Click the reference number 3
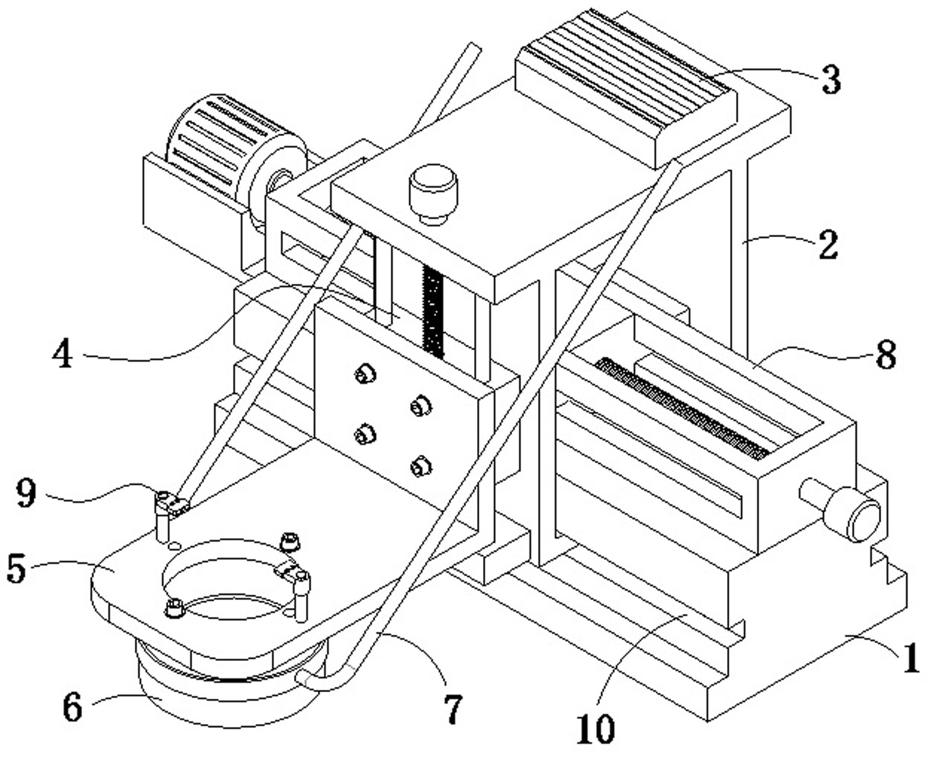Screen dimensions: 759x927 pos(831,80)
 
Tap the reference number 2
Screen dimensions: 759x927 pos(828,245)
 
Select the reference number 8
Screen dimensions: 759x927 pos(886,356)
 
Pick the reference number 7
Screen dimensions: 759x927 pos(453,708)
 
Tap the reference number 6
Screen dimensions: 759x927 pos(72,708)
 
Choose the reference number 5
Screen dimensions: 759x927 pos(16,569)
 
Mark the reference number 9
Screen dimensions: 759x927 pos(26,494)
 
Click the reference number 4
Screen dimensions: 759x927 pos(62,355)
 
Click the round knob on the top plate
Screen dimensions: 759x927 pos(432,194)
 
